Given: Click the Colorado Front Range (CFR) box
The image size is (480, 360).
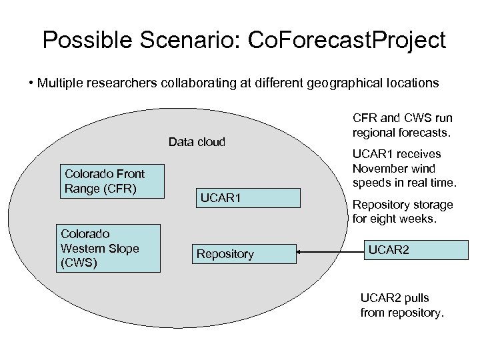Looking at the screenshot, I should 112,181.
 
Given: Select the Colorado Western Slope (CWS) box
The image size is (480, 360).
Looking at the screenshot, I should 109,248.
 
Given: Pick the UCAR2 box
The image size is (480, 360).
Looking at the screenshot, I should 413,251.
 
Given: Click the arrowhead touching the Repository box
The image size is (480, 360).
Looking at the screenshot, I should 300,252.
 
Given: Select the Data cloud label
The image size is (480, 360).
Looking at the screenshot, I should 197,141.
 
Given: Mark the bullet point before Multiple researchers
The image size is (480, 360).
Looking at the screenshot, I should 31,83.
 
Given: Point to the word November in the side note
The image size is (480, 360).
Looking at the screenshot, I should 382,169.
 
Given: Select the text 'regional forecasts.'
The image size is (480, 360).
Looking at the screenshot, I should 402,133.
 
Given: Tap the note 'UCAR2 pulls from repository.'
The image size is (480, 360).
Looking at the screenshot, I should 401,305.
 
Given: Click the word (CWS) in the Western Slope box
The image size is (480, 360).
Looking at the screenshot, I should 79,263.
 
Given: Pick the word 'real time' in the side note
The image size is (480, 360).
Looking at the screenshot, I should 433,183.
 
